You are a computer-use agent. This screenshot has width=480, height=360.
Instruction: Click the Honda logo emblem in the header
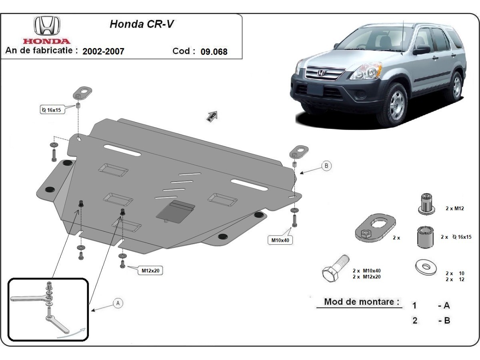pos(47,26)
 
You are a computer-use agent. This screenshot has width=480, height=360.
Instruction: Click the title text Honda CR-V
pos(142,24)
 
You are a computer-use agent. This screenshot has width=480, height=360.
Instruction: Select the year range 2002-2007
pos(103,51)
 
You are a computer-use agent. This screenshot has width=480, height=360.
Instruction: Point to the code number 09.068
pos(214,52)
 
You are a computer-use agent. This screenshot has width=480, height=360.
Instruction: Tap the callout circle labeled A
pos(118,303)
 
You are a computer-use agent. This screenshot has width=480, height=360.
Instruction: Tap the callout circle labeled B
pos(326,165)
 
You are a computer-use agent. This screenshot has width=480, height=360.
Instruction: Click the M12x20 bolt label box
pos(150,270)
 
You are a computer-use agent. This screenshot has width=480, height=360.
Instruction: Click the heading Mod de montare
pos(361,302)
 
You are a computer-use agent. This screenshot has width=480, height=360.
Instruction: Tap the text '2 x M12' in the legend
pos(454,208)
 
